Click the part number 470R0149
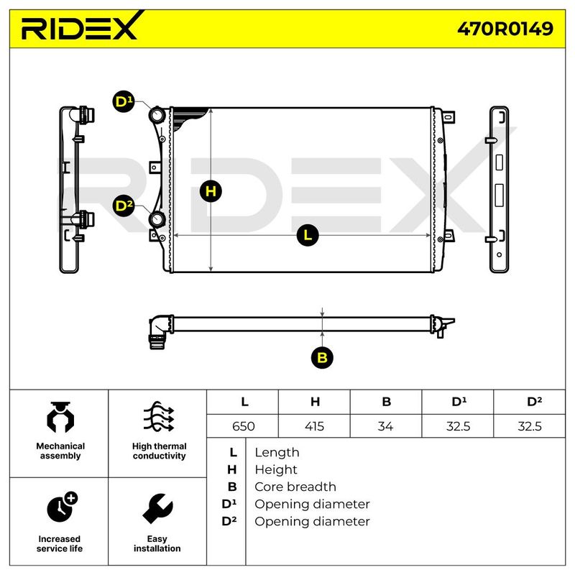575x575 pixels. point(506,29)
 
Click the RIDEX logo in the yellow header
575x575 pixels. point(79,29)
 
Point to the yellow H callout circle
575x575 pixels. point(211,191)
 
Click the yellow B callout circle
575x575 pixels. point(323,357)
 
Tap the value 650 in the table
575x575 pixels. point(243,426)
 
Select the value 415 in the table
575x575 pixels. point(314,426)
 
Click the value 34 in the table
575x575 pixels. point(386,426)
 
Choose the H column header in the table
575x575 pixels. point(314,402)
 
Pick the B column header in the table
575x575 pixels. point(386,402)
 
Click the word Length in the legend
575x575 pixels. point(277,452)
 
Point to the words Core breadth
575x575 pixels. point(295,487)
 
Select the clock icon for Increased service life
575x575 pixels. point(61,507)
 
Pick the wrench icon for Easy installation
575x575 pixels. point(157,509)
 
